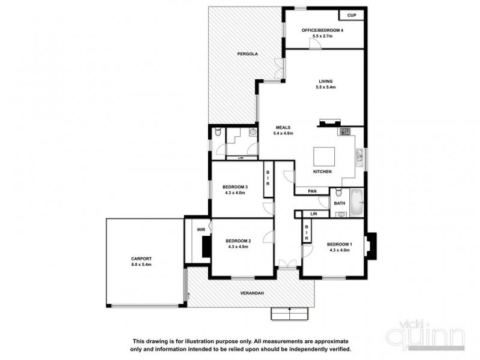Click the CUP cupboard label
[352, 16]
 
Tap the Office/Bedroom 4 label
[323, 31]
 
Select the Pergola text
[247, 54]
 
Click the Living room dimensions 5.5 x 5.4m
[325, 88]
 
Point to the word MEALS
[283, 127]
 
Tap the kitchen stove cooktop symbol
[346, 131]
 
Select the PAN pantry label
[312, 191]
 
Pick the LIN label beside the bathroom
[314, 214]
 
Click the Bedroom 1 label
[340, 244]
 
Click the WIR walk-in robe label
[200, 229]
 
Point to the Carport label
[142, 259]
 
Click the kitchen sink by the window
[359, 157]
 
